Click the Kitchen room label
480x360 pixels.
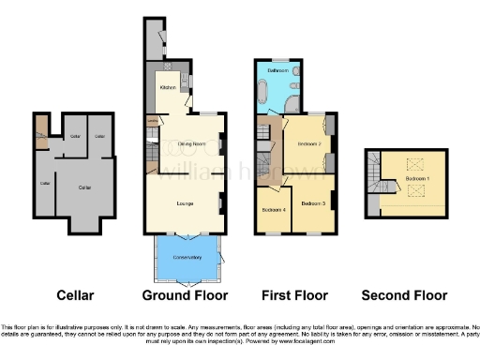click(169, 87)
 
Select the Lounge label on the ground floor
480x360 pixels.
click(186, 202)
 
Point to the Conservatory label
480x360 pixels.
click(187, 257)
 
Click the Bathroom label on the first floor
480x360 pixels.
click(277, 71)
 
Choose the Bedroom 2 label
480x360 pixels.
click(309, 144)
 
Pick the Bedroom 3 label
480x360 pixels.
click(313, 203)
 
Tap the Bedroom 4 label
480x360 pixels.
click(273, 208)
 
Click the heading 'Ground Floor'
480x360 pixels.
click(186, 295)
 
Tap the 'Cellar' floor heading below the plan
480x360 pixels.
click(75, 295)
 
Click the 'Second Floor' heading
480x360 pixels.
click(406, 295)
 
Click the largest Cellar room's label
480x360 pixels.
click(82, 187)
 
